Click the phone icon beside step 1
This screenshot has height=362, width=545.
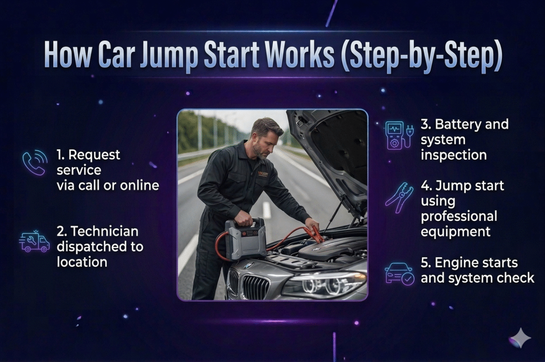point(34,163)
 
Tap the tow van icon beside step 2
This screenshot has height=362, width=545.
point(34,242)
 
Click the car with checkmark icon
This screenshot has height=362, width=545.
point(399,273)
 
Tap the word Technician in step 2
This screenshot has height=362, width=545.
point(97,231)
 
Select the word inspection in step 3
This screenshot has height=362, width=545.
point(453,155)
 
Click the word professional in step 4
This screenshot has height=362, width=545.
point(458,216)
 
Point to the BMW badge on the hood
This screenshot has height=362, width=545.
point(249,266)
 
